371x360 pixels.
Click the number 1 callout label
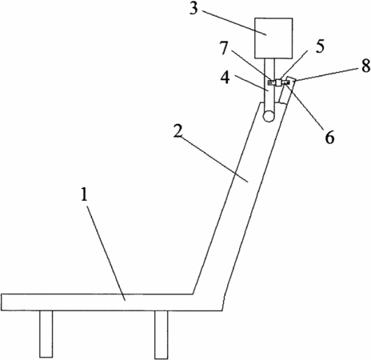[84, 194]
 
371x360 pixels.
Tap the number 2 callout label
[178, 131]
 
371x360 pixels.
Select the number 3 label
[193, 9]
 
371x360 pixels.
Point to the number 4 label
[225, 78]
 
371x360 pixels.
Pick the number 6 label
[329, 137]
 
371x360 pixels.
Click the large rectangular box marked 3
[273, 38]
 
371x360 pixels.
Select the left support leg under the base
[46, 334]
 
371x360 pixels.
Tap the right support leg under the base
[162, 334]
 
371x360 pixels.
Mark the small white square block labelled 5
[278, 82]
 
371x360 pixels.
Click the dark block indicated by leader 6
[286, 83]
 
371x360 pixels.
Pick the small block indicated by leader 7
[271, 83]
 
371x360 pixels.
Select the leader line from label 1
[106, 253]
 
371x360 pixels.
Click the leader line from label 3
[234, 22]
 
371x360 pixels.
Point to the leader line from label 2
[215, 159]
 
